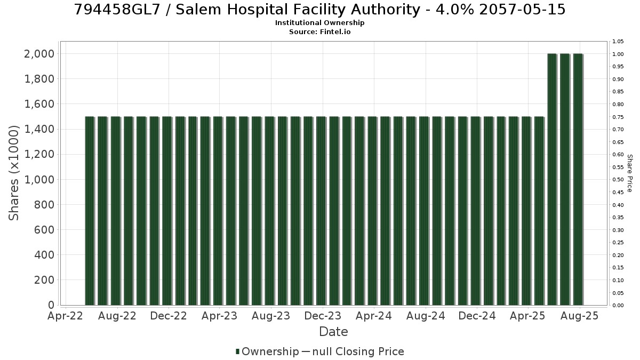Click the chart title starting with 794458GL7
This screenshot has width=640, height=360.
(x=319, y=10)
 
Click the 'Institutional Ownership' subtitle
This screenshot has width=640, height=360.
(x=319, y=23)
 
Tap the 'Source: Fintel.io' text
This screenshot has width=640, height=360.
(x=319, y=31)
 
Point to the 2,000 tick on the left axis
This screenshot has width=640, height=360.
(x=39, y=54)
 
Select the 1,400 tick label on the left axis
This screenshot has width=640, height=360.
(x=39, y=129)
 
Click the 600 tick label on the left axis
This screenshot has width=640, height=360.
(x=44, y=230)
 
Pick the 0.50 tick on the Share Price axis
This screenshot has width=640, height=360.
(x=618, y=180)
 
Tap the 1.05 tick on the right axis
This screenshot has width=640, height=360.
(x=618, y=42)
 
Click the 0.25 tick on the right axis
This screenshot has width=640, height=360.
(x=618, y=243)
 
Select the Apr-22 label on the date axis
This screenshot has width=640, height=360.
(x=65, y=316)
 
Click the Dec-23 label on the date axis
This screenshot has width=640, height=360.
(x=323, y=316)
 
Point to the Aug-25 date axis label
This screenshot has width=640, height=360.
(x=579, y=316)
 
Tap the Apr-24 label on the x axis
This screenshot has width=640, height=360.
(x=374, y=316)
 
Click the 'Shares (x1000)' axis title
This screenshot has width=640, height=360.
(x=13, y=173)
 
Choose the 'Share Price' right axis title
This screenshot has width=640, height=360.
(x=629, y=173)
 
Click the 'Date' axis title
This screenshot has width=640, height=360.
(x=333, y=332)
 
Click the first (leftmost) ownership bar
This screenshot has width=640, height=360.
(x=90, y=211)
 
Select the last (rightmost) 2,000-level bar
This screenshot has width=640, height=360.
(x=578, y=179)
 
